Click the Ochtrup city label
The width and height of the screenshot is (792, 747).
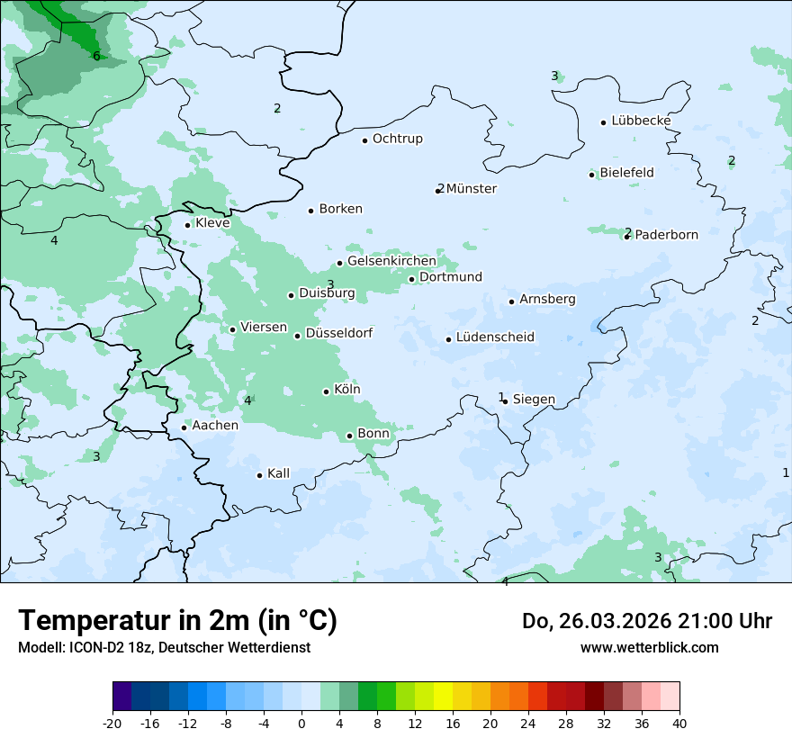[x=397, y=139]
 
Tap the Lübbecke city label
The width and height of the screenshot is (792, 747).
[x=641, y=121]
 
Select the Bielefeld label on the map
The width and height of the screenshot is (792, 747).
[x=626, y=172]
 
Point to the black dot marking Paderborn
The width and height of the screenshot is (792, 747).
[x=626, y=237]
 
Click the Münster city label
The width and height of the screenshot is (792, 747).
[x=471, y=189]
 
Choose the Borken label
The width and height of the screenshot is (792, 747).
[x=340, y=209]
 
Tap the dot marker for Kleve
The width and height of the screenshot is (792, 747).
[x=187, y=225]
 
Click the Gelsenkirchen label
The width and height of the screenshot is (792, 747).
[x=391, y=261]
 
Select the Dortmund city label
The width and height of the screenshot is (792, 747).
[x=450, y=277]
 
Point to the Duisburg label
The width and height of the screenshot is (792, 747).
[x=327, y=293]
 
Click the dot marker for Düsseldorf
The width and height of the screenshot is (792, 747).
[x=297, y=336]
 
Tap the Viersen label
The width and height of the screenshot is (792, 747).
[x=264, y=328]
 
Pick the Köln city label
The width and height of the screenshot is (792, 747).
[x=346, y=390]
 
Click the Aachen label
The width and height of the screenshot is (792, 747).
[x=215, y=425]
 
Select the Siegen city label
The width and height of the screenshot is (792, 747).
[x=534, y=399]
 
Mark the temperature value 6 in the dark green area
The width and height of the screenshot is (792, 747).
[x=96, y=57]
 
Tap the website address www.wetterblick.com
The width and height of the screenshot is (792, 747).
[x=649, y=647]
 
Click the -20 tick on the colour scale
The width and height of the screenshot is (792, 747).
[x=112, y=723]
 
